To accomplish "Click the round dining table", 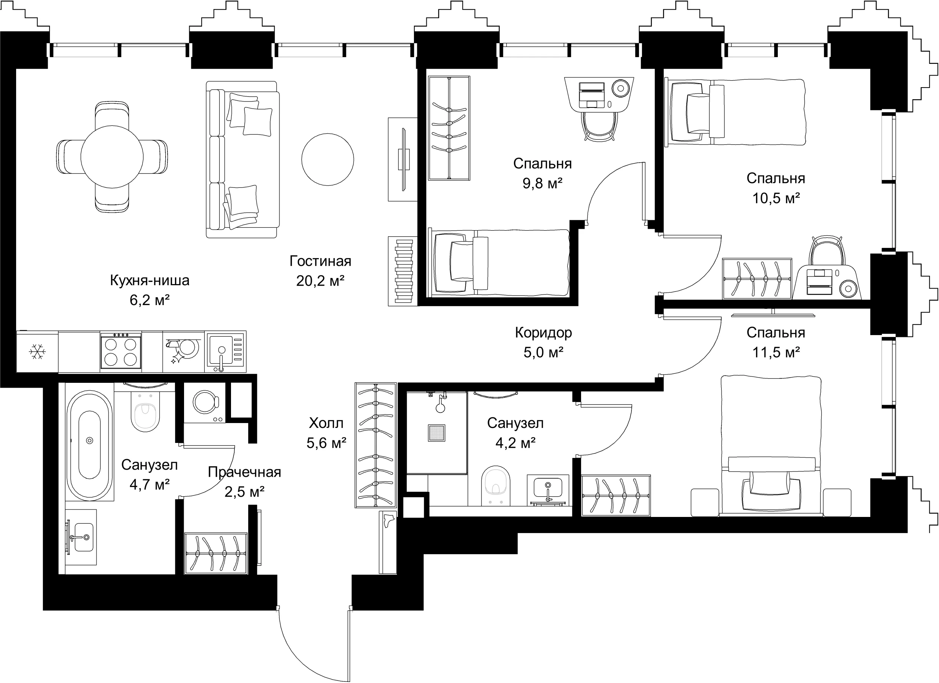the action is point(112,157).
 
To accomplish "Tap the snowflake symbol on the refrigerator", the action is point(37,352).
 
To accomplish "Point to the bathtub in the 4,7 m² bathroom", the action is point(89,445).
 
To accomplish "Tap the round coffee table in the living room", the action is point(328,159).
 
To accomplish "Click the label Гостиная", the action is point(320,261).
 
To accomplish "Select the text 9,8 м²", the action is point(542,183).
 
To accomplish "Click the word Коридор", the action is point(543,332).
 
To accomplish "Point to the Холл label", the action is point(326,423).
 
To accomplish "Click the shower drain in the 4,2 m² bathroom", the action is point(437,433).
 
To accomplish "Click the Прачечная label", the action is point(244,472).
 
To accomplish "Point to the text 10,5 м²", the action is point(776,198).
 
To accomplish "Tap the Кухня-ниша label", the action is point(150,280).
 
